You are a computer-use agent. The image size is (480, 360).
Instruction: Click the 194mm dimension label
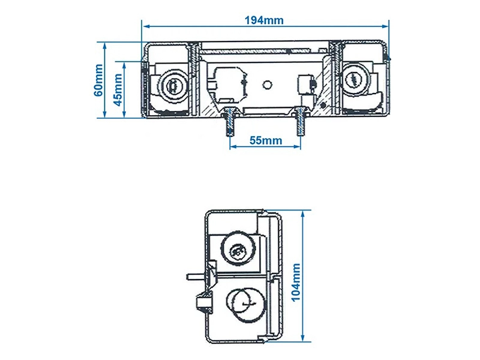pyautogui.click(x=264, y=20)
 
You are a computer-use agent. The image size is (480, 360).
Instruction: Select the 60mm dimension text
pyautogui.click(x=98, y=80)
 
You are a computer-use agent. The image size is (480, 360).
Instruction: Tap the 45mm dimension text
pyautogui.click(x=118, y=89)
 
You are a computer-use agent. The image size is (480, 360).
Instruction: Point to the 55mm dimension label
pyautogui.click(x=266, y=140)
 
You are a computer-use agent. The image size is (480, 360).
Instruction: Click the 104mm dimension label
pyautogui.click(x=296, y=282)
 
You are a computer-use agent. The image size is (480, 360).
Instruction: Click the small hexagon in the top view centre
pyautogui.click(x=266, y=85)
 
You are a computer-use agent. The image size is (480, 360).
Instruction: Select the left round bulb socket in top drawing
pyautogui.click(x=173, y=85)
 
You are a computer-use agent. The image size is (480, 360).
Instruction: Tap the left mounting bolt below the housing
pyautogui.click(x=230, y=122)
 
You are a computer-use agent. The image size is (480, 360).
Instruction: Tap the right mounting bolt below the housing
pyautogui.click(x=301, y=122)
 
